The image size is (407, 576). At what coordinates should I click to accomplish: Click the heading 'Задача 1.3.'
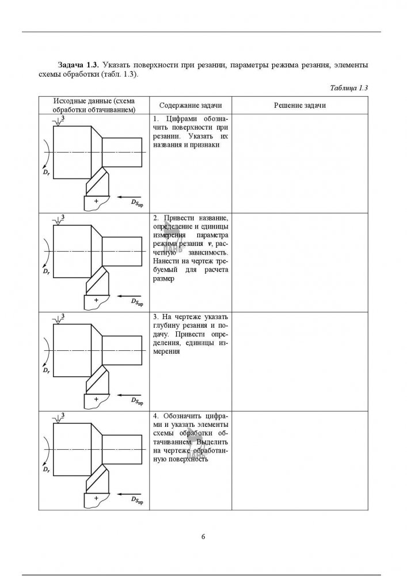point(79,64)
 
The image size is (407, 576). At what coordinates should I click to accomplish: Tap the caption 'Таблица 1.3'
point(349,88)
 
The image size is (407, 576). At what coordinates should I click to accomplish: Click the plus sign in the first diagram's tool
point(97,201)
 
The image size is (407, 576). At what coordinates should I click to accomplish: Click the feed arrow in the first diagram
point(128,196)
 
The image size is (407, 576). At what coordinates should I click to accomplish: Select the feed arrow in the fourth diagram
point(128,494)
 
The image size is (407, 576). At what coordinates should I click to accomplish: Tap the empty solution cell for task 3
point(300,362)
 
